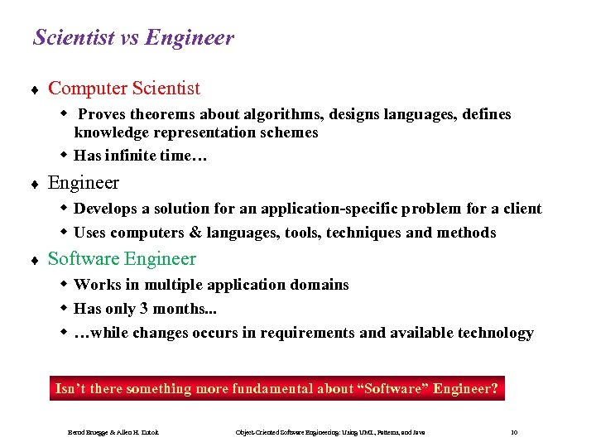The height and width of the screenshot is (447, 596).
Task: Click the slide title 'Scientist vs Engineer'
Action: coord(133,38)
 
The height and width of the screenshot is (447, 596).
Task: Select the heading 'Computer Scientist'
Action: coord(123,88)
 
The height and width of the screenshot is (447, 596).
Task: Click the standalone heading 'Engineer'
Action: coord(83,182)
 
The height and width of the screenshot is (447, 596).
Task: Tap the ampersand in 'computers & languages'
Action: coord(181,233)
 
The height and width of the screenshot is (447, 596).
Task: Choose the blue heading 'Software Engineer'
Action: coord(122,258)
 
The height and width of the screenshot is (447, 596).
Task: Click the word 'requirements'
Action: coord(303,333)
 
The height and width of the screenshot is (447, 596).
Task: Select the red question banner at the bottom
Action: coord(276,388)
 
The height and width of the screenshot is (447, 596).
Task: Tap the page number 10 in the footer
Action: coord(515,433)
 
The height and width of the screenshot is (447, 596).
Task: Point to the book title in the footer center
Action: coord(329,433)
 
